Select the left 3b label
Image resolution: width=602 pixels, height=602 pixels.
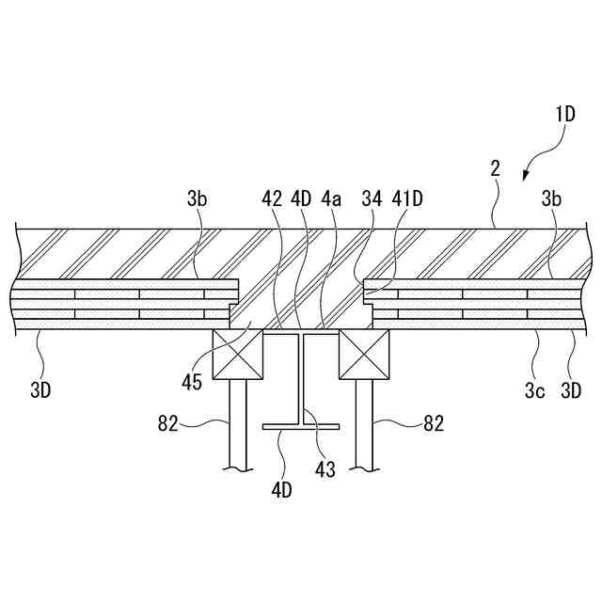coord(197,198)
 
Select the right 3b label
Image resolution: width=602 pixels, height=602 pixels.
coord(551,198)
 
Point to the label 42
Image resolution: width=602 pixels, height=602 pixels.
coord(273,198)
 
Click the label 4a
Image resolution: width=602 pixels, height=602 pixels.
coord(331,198)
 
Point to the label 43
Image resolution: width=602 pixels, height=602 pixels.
coord(325,469)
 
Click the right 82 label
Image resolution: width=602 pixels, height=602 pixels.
coord(433,424)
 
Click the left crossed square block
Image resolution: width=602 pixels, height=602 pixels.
coord(238,355)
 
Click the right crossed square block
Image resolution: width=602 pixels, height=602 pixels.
coord(365,355)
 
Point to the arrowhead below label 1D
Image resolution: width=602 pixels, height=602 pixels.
coord(527,172)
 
